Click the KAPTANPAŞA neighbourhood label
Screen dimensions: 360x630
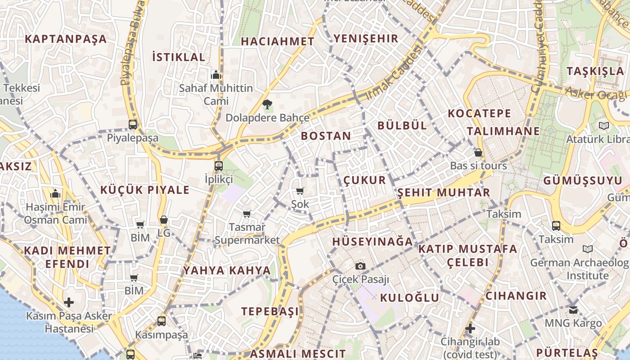pyautogui.click(x=66, y=39)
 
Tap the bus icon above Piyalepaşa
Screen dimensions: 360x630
pyautogui.click(x=133, y=125)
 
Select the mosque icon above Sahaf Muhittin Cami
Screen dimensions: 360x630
pyautogui.click(x=216, y=74)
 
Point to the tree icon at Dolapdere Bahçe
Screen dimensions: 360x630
pyautogui.click(x=267, y=105)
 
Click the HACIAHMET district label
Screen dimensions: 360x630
pyautogui.click(x=277, y=41)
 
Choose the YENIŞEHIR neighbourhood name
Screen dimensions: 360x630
pyautogui.click(x=366, y=38)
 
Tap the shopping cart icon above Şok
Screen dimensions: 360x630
pyautogui.click(x=300, y=191)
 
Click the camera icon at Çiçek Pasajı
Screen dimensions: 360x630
pyautogui.click(x=360, y=266)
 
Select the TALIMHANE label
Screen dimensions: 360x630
pyautogui.click(x=503, y=131)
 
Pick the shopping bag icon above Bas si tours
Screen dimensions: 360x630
pyautogui.click(x=478, y=153)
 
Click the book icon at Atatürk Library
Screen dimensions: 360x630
pyautogui.click(x=603, y=126)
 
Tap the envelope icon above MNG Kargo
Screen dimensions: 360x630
pyautogui.click(x=573, y=310)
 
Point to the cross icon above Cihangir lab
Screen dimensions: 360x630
pyautogui.click(x=470, y=328)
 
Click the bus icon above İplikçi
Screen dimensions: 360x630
pyautogui.click(x=219, y=166)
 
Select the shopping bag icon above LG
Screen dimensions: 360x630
pyautogui.click(x=164, y=220)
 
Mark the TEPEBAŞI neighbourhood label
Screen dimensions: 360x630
pyautogui.click(x=270, y=311)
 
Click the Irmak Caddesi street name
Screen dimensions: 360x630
pyautogui.click(x=395, y=73)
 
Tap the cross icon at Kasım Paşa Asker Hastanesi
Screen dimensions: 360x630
pyautogui.click(x=69, y=302)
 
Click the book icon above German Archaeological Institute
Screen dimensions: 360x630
pyautogui.click(x=587, y=249)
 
